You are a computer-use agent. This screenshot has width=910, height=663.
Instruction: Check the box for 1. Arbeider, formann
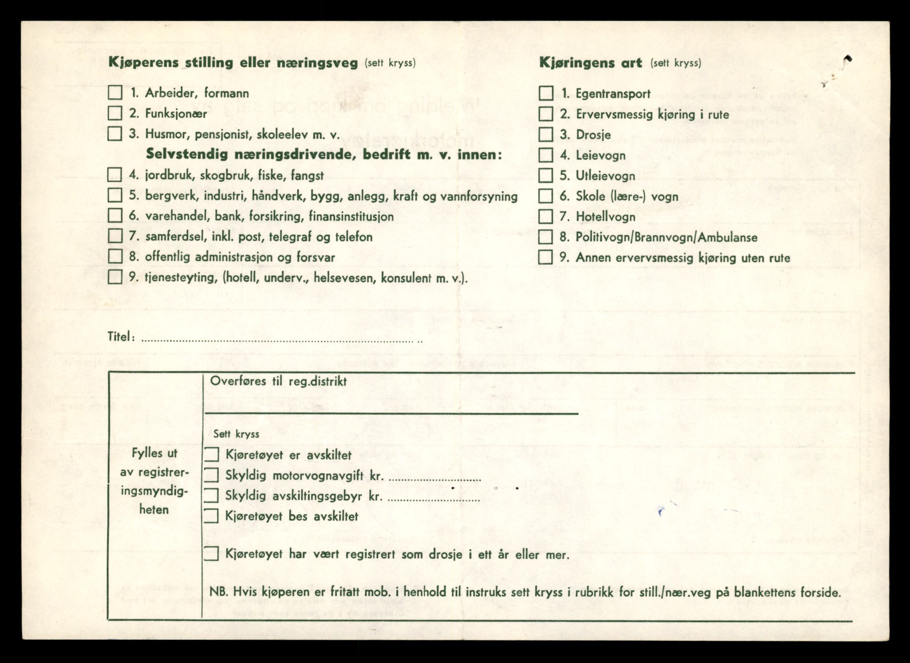(x=115, y=93)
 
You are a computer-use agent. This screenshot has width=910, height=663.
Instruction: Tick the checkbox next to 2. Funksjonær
(x=115, y=113)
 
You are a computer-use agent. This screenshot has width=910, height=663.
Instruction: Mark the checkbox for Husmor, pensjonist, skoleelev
(x=115, y=134)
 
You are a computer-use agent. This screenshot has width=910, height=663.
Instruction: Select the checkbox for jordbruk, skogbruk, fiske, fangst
(x=115, y=175)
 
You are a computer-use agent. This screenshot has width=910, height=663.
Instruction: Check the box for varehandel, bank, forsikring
(x=115, y=216)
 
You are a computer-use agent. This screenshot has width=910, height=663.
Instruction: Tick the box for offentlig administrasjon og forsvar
(x=115, y=256)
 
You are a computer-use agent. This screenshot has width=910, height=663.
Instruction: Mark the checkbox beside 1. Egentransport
(x=546, y=93)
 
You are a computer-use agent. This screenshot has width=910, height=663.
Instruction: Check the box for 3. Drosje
(x=546, y=134)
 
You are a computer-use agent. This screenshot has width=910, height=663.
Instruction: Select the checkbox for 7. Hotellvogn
(x=546, y=216)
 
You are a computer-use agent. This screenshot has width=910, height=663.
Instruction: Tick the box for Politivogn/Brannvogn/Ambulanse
(x=546, y=237)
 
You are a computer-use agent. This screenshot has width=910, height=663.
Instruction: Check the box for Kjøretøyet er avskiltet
(x=212, y=455)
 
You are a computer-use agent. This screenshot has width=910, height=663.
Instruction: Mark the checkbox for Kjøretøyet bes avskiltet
(x=212, y=516)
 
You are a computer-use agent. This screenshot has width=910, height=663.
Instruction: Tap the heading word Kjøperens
(x=143, y=63)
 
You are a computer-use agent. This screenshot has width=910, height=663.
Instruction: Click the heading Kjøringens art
(x=591, y=63)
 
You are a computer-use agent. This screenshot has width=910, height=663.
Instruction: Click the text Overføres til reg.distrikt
(x=278, y=381)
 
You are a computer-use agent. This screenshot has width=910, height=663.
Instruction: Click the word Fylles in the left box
(x=148, y=453)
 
